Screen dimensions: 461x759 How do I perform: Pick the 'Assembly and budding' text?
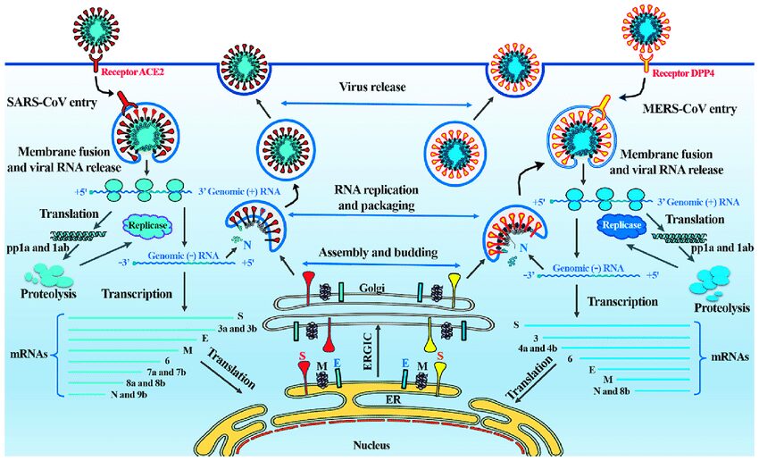click(380, 254)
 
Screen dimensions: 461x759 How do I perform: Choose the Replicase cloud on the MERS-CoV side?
click(619, 227)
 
